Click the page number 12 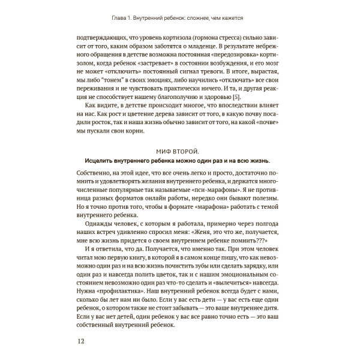[x=82, y=342]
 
